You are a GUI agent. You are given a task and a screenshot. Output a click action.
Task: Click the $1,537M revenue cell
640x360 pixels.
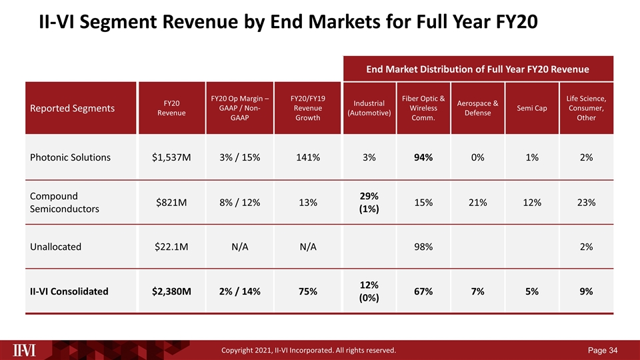coord(171,157)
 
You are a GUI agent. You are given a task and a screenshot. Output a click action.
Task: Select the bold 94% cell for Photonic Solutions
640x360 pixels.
coord(423,157)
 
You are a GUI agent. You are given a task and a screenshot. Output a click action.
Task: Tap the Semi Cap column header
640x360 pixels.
coord(532,108)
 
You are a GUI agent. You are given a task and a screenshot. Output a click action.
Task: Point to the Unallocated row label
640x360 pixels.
coord(55,247)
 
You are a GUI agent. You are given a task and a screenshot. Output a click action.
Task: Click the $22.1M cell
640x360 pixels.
coord(171,247)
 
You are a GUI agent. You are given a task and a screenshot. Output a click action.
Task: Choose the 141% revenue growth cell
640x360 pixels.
coord(308,157)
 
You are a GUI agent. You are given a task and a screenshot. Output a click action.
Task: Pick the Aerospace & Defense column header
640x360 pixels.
coord(477,108)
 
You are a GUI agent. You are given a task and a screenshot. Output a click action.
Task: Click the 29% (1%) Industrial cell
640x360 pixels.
coord(369,203)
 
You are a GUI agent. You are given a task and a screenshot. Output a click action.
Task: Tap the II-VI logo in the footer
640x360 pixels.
coord(24,350)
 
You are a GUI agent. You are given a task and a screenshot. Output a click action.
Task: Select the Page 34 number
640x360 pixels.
coord(603,350)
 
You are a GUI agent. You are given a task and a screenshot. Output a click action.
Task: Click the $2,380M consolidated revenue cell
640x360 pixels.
coord(171,291)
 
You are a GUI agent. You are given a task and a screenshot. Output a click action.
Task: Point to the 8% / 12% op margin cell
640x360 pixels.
coord(239,203)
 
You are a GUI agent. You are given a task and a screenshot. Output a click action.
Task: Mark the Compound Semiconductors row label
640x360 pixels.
coord(65,203)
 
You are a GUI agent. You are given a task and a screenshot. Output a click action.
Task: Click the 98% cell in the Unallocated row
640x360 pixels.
coord(423,247)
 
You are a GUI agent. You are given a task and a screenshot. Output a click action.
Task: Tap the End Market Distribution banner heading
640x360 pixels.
coord(477,69)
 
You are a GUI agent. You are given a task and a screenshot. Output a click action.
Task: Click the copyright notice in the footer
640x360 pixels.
coord(309,350)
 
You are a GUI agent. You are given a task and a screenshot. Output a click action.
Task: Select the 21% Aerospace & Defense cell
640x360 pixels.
coord(477,203)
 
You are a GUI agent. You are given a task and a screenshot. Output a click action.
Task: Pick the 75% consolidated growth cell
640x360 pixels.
coord(308,291)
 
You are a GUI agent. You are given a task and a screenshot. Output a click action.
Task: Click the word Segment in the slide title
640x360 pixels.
coord(119,22)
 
